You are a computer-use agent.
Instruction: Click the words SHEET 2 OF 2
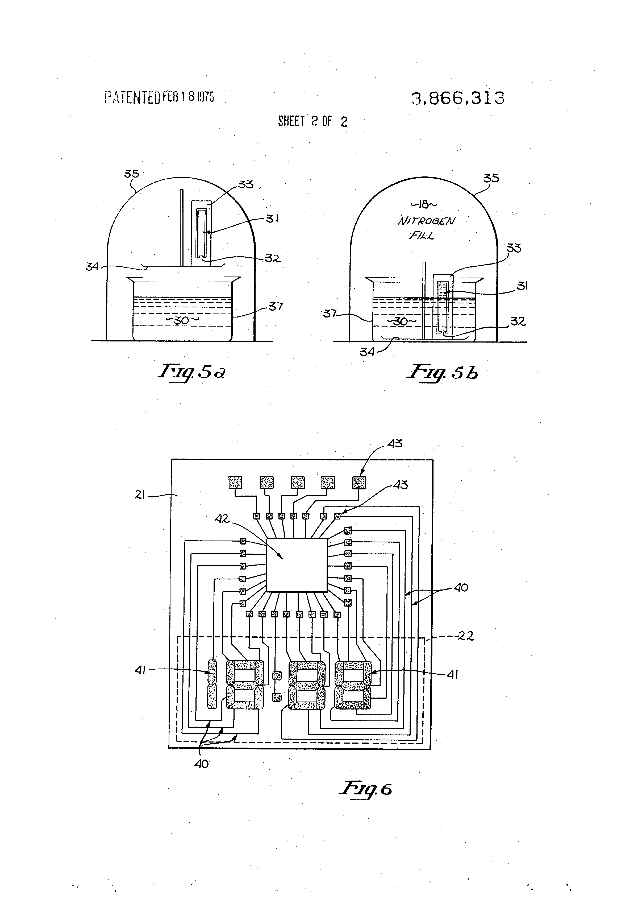pyautogui.click(x=312, y=121)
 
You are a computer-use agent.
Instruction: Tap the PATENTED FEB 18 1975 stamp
pyautogui.click(x=159, y=97)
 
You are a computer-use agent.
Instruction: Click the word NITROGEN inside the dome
pyautogui.click(x=426, y=221)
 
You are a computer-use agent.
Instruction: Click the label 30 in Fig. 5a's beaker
pyautogui.click(x=182, y=320)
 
